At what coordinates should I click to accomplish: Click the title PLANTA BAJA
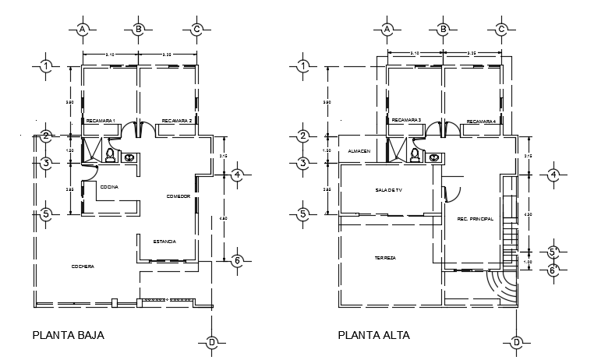(x=68, y=336)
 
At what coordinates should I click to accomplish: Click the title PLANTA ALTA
(x=373, y=336)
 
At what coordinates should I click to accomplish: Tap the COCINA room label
(x=108, y=187)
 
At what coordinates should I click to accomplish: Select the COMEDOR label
(x=178, y=196)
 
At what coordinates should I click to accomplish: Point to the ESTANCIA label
(x=164, y=242)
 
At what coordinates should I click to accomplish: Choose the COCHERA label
(x=83, y=266)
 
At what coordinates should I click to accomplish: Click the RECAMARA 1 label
(x=101, y=121)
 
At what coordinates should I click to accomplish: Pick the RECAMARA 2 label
(x=177, y=121)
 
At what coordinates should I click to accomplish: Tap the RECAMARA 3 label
(x=406, y=120)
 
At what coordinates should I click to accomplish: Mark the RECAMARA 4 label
(x=481, y=122)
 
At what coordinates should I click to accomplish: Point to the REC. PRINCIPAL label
(x=475, y=219)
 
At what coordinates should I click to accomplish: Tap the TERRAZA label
(x=385, y=257)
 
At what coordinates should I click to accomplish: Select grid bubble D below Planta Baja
(x=211, y=342)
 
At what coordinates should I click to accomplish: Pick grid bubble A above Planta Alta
(x=387, y=30)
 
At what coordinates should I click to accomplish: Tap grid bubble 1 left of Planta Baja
(x=47, y=66)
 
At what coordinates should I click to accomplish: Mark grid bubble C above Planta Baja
(x=197, y=30)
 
